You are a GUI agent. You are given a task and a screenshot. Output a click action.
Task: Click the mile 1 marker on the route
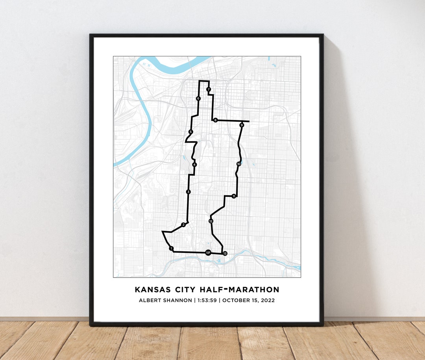171,248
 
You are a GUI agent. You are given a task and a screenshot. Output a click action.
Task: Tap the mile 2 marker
183,225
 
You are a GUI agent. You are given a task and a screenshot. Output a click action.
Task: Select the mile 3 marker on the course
188,192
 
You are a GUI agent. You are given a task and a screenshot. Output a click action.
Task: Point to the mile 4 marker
194,164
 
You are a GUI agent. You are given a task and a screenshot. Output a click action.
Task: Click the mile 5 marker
190,132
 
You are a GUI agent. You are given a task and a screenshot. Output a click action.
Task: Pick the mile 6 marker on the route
198,98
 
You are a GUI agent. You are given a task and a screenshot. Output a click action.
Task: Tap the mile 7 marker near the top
209,89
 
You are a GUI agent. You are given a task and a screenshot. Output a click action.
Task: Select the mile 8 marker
215,120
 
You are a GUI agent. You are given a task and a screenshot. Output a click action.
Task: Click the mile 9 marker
242,125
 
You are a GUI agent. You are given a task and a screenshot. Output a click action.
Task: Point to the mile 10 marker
238,164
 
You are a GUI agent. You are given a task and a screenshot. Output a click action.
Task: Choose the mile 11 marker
234,196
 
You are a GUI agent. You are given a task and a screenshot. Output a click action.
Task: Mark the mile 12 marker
211,221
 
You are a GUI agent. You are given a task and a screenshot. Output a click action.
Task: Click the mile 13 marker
225,253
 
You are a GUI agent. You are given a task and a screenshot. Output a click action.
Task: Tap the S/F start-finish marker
208,252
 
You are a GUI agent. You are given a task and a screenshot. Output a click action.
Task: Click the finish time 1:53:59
205,301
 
